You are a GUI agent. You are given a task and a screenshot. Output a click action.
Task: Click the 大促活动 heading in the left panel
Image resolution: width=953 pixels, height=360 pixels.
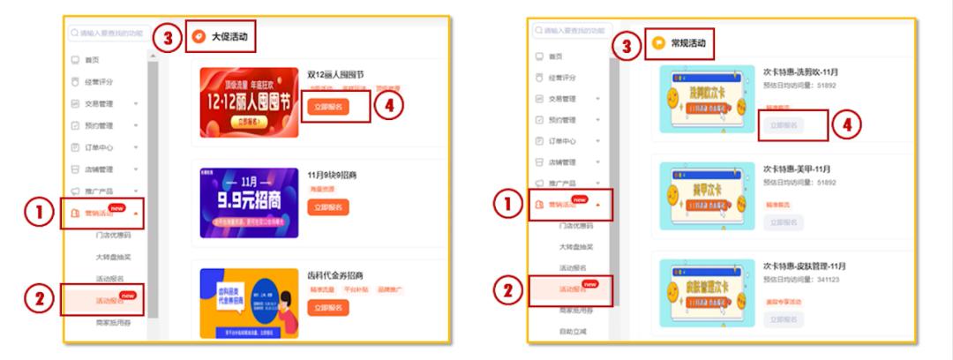pos(229,37)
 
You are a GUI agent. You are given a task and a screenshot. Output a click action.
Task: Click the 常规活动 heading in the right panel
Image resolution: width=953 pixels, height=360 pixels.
pos(687,42)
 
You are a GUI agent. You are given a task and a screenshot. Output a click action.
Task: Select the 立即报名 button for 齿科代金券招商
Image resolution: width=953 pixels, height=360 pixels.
pos(329,307)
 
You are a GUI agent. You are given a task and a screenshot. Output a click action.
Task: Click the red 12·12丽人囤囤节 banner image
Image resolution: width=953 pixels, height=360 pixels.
pos(249,102)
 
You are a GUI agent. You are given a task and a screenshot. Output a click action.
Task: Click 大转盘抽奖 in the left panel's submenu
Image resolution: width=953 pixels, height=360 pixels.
pos(112,257)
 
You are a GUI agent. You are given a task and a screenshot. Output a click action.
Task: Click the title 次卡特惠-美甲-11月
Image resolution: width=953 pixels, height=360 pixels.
pos(802,169)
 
